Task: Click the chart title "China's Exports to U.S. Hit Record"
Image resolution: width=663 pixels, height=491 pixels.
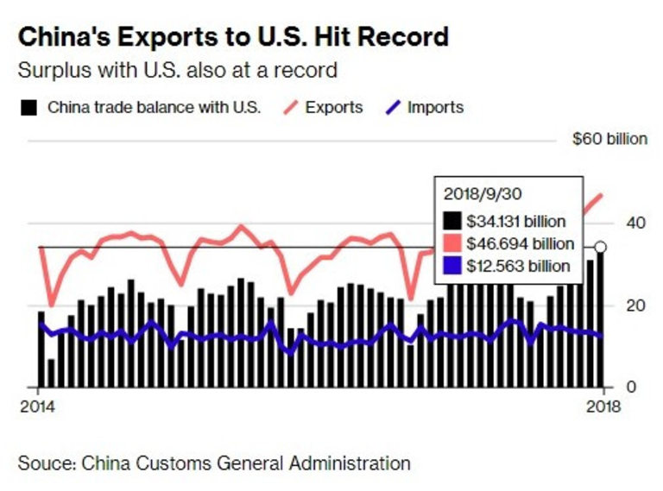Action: point(234,37)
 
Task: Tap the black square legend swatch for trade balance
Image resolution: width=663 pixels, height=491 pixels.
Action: point(29,108)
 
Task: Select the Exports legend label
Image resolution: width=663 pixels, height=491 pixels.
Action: point(334,108)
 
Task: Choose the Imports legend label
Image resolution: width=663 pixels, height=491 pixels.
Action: point(435,108)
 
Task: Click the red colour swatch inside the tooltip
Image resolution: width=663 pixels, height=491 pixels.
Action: point(452,244)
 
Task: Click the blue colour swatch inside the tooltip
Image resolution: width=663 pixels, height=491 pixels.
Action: point(452,267)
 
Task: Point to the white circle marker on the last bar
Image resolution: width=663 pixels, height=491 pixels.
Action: point(601,248)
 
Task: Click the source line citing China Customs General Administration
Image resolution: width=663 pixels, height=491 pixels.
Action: point(214,463)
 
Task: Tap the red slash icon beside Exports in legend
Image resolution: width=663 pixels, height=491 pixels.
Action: point(290,108)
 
